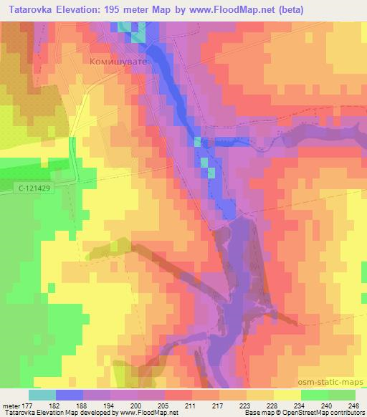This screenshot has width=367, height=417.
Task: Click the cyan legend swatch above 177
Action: (x=42, y=394)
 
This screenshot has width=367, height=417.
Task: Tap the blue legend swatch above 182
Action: (x=70, y=394)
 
